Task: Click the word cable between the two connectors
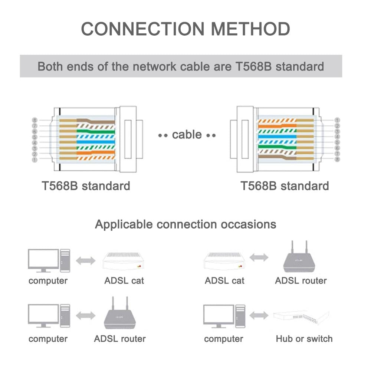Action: coord(187,135)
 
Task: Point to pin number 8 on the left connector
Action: coord(35,120)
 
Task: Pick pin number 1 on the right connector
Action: coord(336,120)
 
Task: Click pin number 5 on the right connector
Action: coord(336,142)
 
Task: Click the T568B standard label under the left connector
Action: coord(86,185)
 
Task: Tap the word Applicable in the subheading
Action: coord(124,224)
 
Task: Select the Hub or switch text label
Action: coord(304,339)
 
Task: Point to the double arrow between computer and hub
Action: coord(259,316)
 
